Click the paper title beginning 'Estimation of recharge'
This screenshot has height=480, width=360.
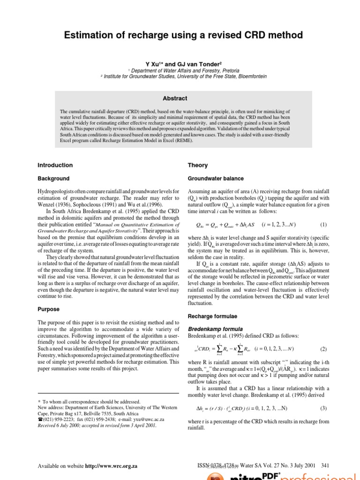click(180, 36)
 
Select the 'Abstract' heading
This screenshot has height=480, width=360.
click(174, 98)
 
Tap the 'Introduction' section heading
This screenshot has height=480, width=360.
click(55, 165)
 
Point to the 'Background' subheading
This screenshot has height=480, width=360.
click(53, 179)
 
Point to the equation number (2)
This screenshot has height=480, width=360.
click(323, 349)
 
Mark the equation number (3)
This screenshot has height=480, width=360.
click(323, 408)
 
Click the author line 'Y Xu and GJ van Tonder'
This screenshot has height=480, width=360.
click(180, 62)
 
